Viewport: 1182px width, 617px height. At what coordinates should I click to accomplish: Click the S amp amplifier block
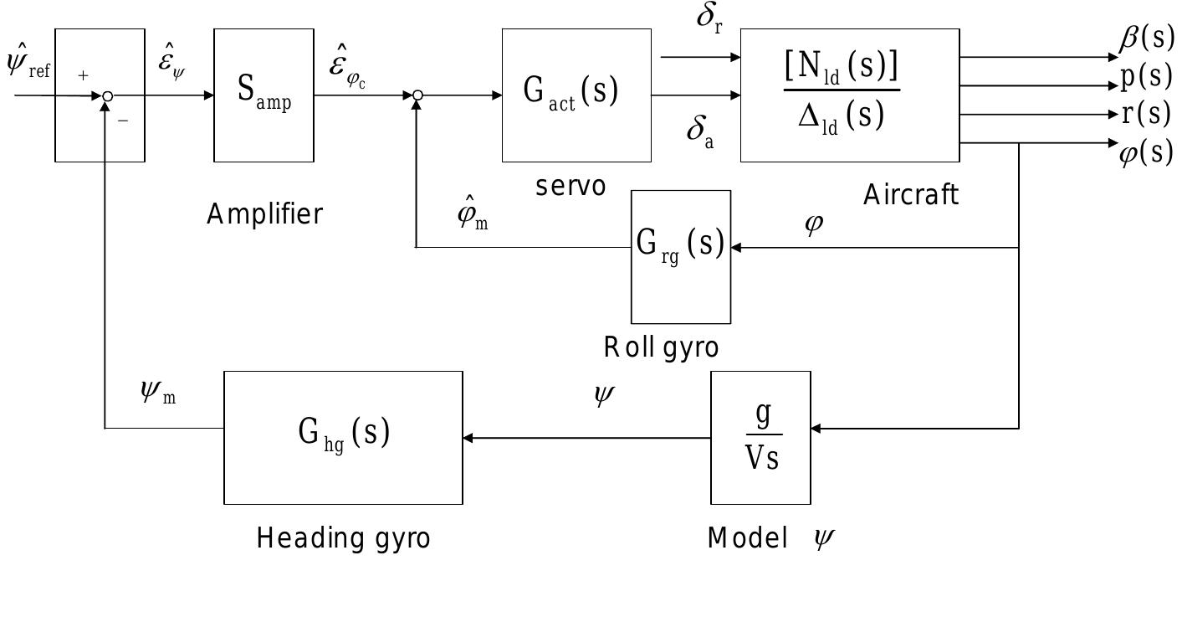[264, 95]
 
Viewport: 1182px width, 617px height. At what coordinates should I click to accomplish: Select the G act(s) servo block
[576, 95]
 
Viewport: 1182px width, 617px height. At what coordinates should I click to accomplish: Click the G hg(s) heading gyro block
[343, 437]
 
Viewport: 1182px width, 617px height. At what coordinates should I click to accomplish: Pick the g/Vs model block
[760, 437]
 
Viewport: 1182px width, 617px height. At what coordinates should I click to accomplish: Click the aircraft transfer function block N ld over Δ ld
[849, 95]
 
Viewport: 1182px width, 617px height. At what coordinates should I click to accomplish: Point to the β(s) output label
[1147, 39]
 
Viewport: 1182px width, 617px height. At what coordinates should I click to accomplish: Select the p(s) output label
[1147, 76]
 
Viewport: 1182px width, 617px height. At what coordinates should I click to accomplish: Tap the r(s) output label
[1147, 113]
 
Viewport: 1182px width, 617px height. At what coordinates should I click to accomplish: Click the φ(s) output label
[1146, 152]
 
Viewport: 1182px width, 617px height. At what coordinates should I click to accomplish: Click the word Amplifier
[264, 215]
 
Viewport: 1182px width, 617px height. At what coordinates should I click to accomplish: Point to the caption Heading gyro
[343, 537]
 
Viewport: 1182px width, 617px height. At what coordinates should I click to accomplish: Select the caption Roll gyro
[661, 347]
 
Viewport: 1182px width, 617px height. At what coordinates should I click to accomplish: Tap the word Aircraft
[911, 195]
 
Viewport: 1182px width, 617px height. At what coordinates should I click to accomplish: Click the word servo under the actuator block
[571, 186]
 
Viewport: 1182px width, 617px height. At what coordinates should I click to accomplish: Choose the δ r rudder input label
[709, 18]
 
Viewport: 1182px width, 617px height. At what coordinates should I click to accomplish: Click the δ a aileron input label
[700, 131]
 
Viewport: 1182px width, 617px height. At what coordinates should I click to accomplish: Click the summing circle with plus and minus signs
[107, 96]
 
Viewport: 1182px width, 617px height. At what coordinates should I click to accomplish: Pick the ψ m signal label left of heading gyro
[158, 392]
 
